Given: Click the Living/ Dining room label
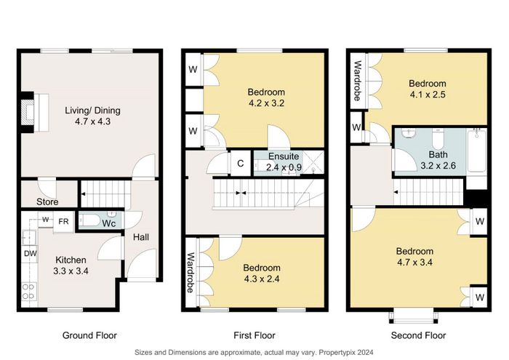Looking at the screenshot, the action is pos(92,116).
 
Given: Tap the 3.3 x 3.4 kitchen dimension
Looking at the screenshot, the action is pos(71,271).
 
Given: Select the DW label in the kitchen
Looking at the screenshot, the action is pos(31,253).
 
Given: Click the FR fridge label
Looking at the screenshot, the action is pos(64,221).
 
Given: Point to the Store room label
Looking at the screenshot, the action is pos(47,202).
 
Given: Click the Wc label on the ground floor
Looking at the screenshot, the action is pos(109,223).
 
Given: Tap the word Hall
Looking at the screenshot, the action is pos(141,237).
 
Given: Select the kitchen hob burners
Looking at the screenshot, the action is pos(28,292).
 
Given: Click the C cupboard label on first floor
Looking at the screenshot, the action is pos(240,164).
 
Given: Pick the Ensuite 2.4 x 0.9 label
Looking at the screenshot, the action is pos(284,161).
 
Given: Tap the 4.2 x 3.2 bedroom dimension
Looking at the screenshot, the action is pos(266,103).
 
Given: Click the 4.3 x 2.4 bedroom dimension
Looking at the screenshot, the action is pos(262,279).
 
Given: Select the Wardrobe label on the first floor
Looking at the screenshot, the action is pos(191,272).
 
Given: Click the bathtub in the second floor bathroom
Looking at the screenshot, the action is pos(476,151).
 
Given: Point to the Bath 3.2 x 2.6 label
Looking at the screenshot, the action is pos(438,160).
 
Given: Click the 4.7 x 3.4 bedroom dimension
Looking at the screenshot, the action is pos(414,262).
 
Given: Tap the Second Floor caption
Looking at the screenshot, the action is pos(418,335).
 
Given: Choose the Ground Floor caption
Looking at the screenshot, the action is pos(89,335).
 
